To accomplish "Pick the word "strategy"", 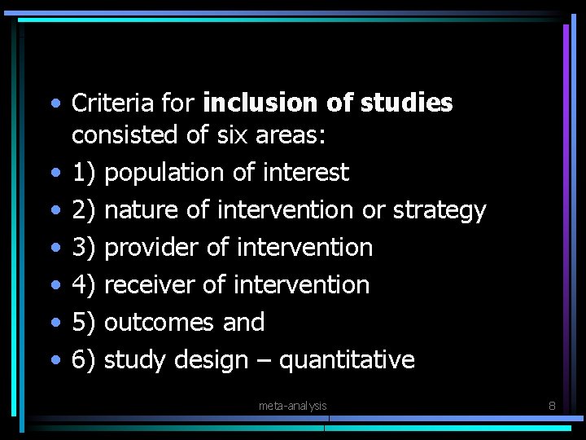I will tap(439, 211).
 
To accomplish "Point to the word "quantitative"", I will tap(347, 360).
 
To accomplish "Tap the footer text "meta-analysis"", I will tap(292, 406).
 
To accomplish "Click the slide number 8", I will tap(552, 405).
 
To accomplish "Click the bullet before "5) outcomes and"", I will tap(55, 323).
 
